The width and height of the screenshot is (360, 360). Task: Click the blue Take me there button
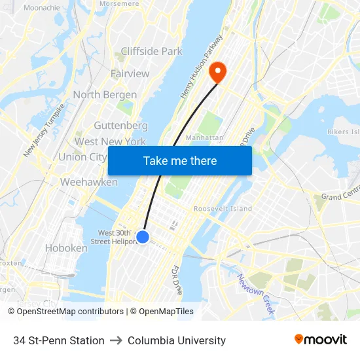180,160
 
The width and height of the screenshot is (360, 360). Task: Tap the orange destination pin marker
216,71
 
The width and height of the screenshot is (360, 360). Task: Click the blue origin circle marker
143,237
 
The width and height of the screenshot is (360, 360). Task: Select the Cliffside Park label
151,51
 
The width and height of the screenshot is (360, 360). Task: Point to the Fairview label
130,73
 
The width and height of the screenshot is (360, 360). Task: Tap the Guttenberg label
120,125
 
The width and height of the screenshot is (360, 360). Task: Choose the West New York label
110,141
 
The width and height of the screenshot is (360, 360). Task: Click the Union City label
82,157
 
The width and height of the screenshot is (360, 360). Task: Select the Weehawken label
88,182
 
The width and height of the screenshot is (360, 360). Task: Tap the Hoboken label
65,248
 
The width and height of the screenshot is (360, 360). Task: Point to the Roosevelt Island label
223,209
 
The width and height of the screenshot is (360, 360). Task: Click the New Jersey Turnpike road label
44,130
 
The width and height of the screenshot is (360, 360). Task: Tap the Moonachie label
41,8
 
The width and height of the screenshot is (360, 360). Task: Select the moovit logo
320,340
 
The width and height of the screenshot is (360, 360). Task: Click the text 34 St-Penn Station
59,340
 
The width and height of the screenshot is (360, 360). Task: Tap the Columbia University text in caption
177,340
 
